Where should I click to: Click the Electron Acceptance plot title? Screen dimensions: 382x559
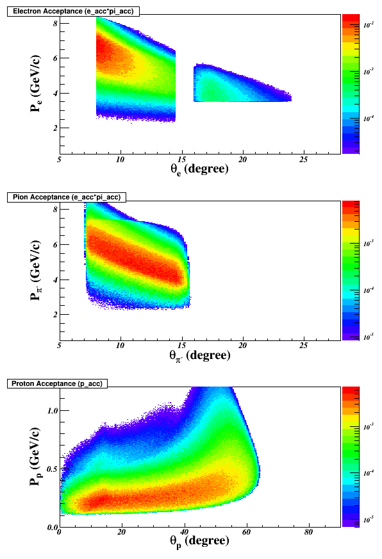pyautogui.click(x=73, y=12)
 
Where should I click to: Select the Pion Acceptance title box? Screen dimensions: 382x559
pyautogui.click(x=67, y=197)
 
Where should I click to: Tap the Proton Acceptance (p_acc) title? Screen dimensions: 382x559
pyautogui.click(x=57, y=383)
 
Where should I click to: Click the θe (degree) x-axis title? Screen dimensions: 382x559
pyautogui.click(x=199, y=169)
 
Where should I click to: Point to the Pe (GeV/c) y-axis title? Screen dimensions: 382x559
pyautogui.click(x=36, y=83)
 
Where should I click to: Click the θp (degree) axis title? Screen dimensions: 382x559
pyautogui.click(x=199, y=542)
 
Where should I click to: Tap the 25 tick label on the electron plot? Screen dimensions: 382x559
pyautogui.click(x=303, y=160)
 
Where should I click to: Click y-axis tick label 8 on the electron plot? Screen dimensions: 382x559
pyautogui.click(x=55, y=23)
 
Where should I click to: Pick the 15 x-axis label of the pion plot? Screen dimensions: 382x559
pyautogui.click(x=181, y=346)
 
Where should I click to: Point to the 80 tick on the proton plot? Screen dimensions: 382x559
pyautogui.click(x=308, y=532)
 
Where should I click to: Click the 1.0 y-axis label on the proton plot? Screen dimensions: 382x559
pyautogui.click(x=53, y=410)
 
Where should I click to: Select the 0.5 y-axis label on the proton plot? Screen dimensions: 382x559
pyautogui.click(x=53, y=469)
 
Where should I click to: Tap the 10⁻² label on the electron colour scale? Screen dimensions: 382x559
pyautogui.click(x=369, y=24)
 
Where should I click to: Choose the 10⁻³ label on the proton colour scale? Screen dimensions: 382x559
pyautogui.click(x=369, y=426)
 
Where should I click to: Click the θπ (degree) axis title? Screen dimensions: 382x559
pyautogui.click(x=199, y=355)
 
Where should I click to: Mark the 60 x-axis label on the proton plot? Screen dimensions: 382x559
pyautogui.click(x=246, y=532)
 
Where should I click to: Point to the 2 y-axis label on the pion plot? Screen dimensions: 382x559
pyautogui.click(x=55, y=314)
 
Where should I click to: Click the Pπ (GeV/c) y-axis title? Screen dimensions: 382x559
pyautogui.click(x=36, y=271)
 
